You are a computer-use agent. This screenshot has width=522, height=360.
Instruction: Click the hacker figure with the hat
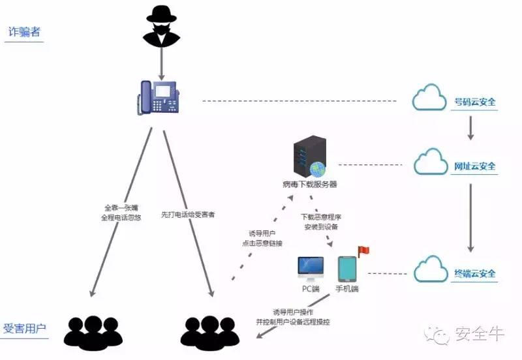pos(161,27)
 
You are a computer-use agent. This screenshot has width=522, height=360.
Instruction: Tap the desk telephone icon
pos(159,98)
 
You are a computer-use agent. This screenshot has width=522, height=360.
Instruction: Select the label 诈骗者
pos(23,32)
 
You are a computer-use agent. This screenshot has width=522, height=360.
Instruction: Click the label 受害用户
pos(25,328)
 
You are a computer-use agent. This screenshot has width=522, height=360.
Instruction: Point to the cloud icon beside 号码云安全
pos(429,100)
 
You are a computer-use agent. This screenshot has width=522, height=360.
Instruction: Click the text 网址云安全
pos(475,166)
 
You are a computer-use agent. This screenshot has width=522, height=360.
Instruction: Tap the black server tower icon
pos(309,157)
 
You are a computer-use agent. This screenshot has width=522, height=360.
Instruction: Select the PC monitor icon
pos(311,268)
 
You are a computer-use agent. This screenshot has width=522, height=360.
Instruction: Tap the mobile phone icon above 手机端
pos(346,269)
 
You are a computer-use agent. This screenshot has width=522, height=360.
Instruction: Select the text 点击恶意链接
pos(261,243)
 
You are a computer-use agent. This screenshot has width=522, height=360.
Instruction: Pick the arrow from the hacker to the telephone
pos(161,63)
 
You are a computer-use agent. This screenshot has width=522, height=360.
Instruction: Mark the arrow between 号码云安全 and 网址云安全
pos(470,130)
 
